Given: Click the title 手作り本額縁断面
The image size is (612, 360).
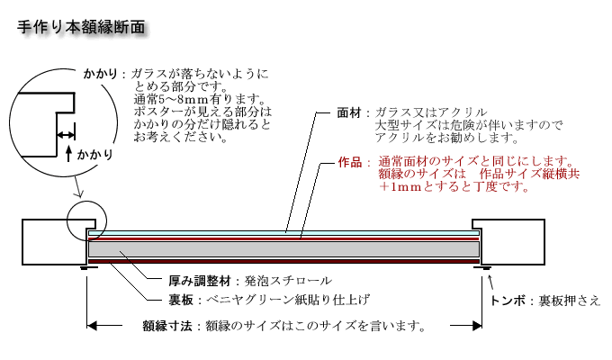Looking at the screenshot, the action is pyautogui.click(x=81, y=27).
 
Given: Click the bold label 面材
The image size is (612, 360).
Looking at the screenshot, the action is pyautogui.click(x=349, y=112).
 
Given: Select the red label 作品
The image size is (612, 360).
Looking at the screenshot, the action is pyautogui.click(x=350, y=162).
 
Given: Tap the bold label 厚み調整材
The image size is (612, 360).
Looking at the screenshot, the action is pyautogui.click(x=200, y=281).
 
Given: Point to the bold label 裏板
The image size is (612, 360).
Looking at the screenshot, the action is pyautogui.click(x=181, y=300).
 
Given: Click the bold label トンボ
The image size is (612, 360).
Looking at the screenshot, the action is pyautogui.click(x=508, y=301).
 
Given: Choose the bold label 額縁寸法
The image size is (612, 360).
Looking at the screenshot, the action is pyautogui.click(x=167, y=326).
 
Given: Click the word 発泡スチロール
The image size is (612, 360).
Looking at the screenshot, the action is pyautogui.click(x=288, y=281).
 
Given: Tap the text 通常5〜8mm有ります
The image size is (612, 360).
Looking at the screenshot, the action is pyautogui.click(x=197, y=99).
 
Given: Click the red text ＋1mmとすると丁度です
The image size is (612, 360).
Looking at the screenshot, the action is pyautogui.click(x=454, y=186).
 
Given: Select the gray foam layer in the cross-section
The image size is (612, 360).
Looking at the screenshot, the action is pyautogui.click(x=283, y=249).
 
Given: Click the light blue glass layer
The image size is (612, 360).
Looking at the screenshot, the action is pyautogui.click(x=283, y=233).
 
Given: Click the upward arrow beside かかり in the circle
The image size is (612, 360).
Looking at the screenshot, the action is pyautogui.click(x=68, y=153).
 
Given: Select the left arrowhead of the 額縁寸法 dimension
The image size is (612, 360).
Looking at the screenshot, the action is pyautogui.click(x=92, y=325).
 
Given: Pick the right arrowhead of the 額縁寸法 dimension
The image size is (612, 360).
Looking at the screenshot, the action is pyautogui.click(x=477, y=325).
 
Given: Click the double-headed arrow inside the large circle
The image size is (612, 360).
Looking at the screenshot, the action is pyautogui.click(x=66, y=135).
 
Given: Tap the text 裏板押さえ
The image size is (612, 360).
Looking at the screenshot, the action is pyautogui.click(x=570, y=301).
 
